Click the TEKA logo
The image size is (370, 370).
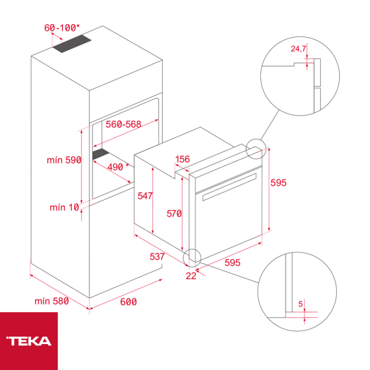(28, 340)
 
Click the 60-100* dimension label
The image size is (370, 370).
(62, 28)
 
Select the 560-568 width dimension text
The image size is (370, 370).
(123, 124)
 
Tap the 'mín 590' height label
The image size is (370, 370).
(64, 160)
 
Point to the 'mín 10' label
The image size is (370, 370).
(65, 207)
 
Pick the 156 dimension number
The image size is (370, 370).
(183, 160)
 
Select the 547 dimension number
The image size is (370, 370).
(145, 195)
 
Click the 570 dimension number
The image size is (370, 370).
(174, 214)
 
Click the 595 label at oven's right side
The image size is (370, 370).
(279, 183)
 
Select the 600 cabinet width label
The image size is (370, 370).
(128, 302)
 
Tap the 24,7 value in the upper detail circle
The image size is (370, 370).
(299, 47)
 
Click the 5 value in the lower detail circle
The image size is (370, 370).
(300, 303)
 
